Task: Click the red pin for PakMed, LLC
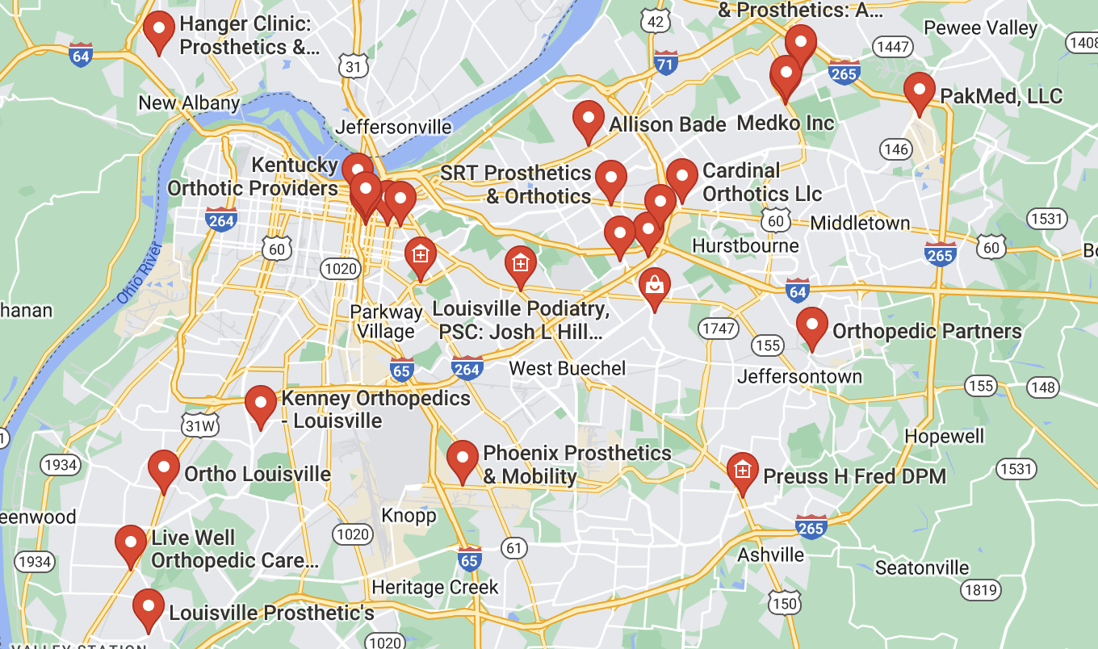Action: point(919,90)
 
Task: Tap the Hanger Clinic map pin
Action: point(158,29)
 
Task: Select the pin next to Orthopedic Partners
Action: point(811,325)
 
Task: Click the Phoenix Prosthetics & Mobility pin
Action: point(463,458)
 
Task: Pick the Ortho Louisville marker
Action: point(164,468)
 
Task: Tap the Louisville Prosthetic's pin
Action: point(148,607)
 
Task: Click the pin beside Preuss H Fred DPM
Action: point(742,471)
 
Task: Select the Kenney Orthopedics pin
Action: point(261,404)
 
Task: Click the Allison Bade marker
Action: point(589,119)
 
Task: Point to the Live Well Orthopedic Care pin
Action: point(131,543)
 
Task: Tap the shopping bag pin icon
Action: point(654,286)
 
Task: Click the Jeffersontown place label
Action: point(799,376)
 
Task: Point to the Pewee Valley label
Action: point(980,28)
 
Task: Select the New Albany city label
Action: point(189,103)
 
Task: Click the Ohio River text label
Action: point(139,274)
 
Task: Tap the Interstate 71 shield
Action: point(665,65)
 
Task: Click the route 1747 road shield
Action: point(719,329)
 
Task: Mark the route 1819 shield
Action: point(980,590)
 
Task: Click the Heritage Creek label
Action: point(435,587)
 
